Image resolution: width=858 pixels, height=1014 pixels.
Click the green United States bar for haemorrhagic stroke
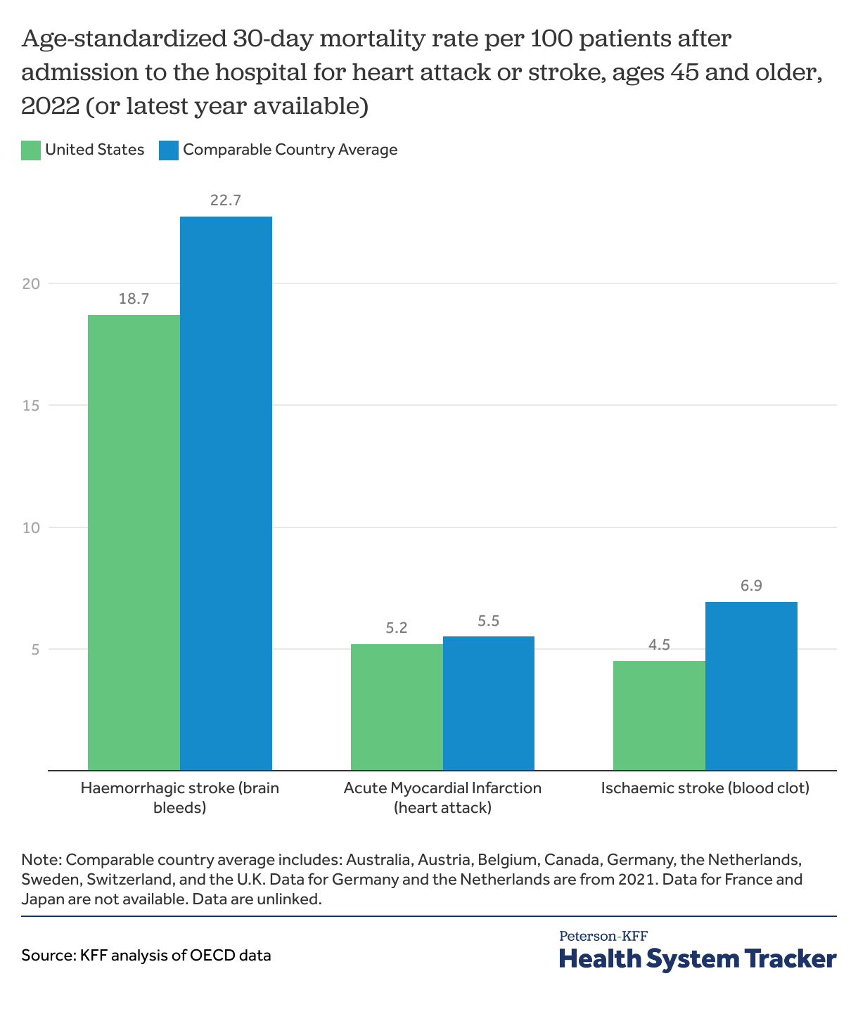point(134,541)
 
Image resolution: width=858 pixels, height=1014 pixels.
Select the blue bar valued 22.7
point(226,492)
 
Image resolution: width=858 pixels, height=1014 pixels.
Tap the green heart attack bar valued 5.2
point(397,707)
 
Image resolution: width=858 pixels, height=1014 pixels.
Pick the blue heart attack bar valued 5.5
point(489,703)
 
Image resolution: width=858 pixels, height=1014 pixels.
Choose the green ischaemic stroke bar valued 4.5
point(659,715)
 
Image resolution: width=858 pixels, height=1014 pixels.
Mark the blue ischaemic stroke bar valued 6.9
point(751,686)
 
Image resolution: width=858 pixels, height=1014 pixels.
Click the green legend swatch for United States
point(31,150)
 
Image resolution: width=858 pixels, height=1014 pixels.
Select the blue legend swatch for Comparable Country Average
point(169,150)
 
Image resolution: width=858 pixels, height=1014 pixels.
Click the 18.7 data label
point(134,299)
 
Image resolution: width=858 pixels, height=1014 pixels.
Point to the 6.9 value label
point(751,586)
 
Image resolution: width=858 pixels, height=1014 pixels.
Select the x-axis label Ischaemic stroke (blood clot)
point(705,788)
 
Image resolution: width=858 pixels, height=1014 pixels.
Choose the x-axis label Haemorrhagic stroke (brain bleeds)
point(180,797)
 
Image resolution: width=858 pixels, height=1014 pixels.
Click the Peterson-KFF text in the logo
point(603,936)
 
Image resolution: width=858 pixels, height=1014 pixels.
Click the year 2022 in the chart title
point(49,106)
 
